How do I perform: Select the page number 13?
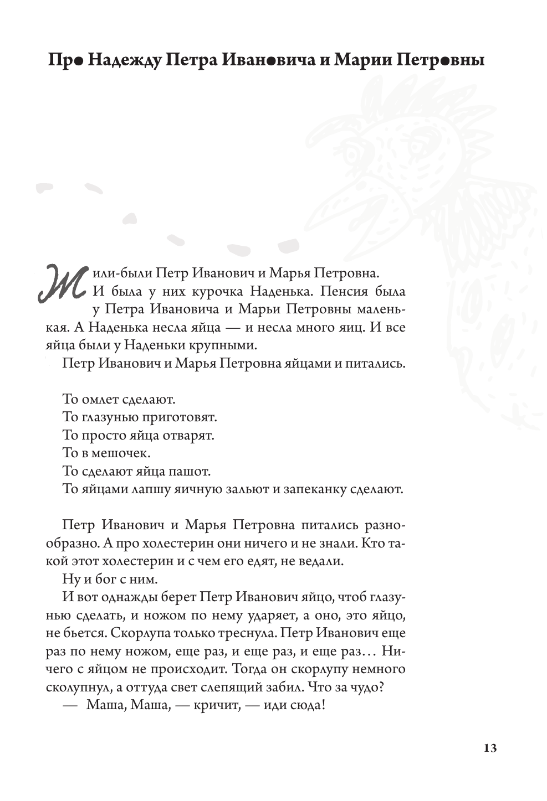point(489,748)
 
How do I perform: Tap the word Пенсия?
point(339,291)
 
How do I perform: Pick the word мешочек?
point(122,453)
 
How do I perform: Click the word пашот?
point(193,472)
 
